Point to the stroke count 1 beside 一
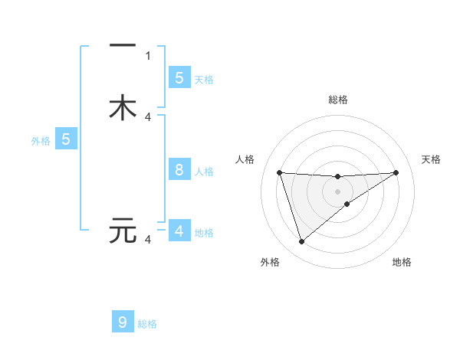pos(148,55)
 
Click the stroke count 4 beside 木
pos(148,116)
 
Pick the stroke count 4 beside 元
pos(148,240)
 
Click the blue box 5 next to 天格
pos(179,77)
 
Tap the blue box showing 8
pos(179,170)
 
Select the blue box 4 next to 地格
pos(179,231)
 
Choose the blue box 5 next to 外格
pos(66,139)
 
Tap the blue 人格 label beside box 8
pos(204,172)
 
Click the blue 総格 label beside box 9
pos(147,324)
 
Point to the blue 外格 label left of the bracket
pos(41,141)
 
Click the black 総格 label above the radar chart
pos(338,100)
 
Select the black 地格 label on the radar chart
pos(402,263)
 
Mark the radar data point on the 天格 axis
pos(396,172)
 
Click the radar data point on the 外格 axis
pos(301,242)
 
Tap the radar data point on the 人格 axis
pos(279,172)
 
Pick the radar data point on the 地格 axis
pos(347,204)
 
